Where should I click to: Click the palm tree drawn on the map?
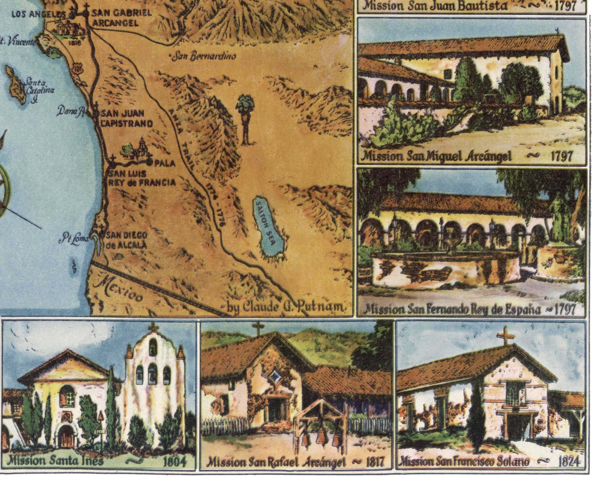(x=245, y=120)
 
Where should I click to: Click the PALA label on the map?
(x=165, y=163)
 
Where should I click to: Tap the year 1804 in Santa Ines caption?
(x=174, y=461)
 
